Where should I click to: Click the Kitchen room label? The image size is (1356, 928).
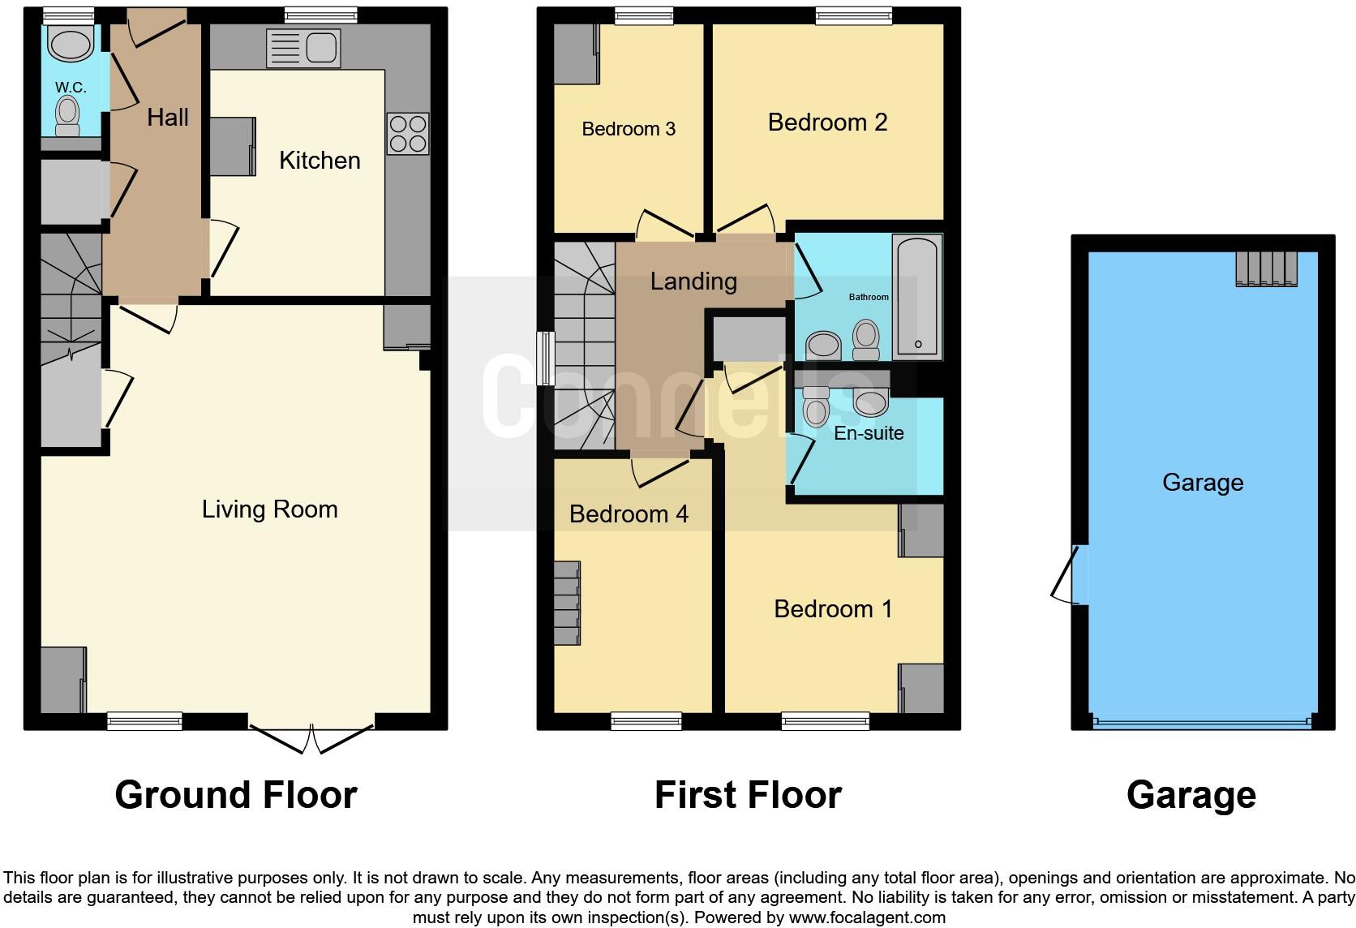[x=320, y=161]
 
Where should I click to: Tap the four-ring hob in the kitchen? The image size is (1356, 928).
[x=408, y=134]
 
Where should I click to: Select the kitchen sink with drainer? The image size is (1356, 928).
[x=303, y=48]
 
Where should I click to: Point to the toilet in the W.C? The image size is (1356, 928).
[x=67, y=117]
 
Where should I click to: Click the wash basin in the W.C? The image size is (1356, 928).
[x=71, y=42]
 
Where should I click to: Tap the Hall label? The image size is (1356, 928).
[x=168, y=118]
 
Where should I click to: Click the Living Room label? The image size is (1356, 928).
[x=270, y=509]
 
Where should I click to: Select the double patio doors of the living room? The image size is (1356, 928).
[x=311, y=738]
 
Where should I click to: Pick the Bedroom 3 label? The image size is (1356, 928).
[x=629, y=129]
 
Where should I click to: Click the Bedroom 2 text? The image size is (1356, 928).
[x=827, y=122]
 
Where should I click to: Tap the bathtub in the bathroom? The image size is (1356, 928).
[x=917, y=297]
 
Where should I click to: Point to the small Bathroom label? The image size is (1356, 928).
[x=869, y=297]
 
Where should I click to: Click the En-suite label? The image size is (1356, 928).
[x=869, y=433]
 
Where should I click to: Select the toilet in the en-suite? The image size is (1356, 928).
[x=816, y=406]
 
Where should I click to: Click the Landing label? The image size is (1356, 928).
[x=693, y=281]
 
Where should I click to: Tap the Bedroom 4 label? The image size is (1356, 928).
[x=629, y=514]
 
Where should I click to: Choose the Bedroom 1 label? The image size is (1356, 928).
[x=833, y=609]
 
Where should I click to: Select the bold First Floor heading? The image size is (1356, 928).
[x=749, y=795]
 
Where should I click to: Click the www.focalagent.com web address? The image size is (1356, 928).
[x=867, y=917]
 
